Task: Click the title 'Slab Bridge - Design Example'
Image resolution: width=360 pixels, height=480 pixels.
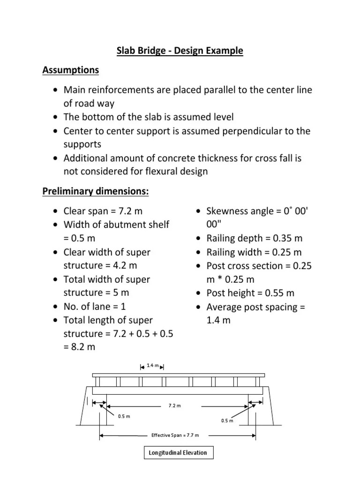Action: click(x=180, y=51)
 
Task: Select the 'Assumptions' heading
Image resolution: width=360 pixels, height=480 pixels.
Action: click(x=71, y=70)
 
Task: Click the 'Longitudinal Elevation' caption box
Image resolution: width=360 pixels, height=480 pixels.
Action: click(x=178, y=453)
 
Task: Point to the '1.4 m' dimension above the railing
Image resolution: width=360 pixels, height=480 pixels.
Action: click(x=153, y=365)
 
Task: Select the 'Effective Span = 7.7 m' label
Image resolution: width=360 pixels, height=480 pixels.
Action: click(x=175, y=435)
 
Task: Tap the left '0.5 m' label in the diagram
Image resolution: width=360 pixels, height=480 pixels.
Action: click(x=124, y=416)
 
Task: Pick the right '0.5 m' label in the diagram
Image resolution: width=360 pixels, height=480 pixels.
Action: click(x=227, y=420)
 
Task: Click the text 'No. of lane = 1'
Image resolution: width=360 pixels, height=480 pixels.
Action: click(x=95, y=307)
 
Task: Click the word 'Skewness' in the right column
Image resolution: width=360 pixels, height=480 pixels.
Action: click(x=227, y=211)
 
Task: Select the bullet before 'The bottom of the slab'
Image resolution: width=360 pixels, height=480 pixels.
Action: click(x=56, y=117)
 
